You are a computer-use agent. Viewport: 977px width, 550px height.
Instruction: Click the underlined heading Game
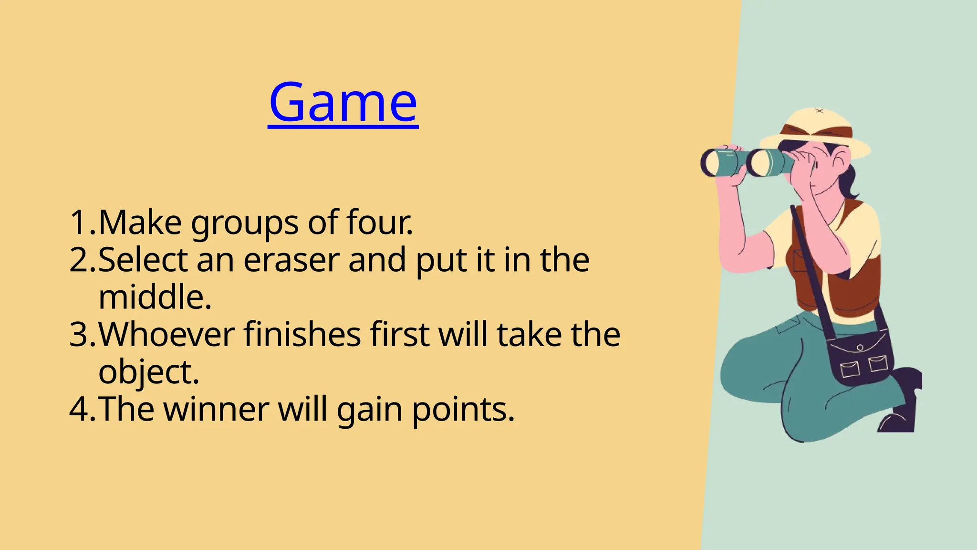coord(343,103)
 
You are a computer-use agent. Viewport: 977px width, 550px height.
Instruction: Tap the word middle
coord(155,297)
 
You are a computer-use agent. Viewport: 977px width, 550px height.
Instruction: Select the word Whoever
coord(166,334)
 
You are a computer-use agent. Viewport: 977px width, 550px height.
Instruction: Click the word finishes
coord(302,334)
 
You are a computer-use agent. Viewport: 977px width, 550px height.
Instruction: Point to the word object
coord(148,372)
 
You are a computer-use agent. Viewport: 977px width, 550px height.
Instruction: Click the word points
coord(463,410)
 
